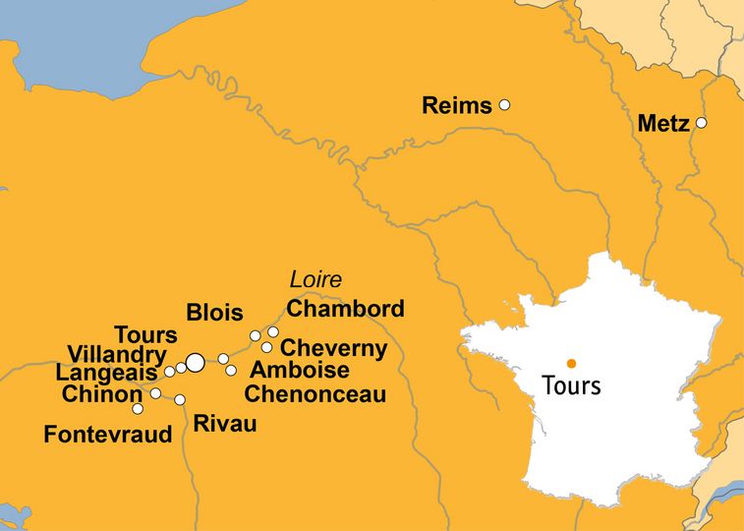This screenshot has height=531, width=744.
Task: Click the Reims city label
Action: coord(456,106)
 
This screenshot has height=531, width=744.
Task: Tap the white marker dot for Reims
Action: coord(505,104)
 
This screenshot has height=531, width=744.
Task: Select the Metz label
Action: coord(664,125)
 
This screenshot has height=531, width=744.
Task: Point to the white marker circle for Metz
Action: coord(702,123)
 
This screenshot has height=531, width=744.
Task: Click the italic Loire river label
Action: coord(315,279)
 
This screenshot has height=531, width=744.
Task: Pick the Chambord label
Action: coord(345,309)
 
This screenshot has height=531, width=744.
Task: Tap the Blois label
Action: coord(214,314)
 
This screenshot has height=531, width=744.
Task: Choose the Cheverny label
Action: coord(334,349)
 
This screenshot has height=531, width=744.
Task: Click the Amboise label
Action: coord(300,371)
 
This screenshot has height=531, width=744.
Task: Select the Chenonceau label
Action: coord(315,395)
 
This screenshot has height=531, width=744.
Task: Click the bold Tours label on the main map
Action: coord(145,335)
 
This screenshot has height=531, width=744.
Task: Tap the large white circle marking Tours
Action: coord(195,363)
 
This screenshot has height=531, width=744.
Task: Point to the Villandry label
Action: coord(117,354)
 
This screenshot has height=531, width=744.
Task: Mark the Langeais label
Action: coord(106,374)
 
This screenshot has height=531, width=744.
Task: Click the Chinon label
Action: coord(101,394)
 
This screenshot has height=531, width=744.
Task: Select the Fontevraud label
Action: coord(108,434)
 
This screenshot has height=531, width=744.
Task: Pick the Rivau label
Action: coord(225,425)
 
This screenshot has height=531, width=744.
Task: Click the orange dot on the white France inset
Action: coord(571,363)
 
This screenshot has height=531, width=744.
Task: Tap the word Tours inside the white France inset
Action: coord(571,385)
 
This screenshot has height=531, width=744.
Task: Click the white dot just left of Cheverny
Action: coord(266,347)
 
